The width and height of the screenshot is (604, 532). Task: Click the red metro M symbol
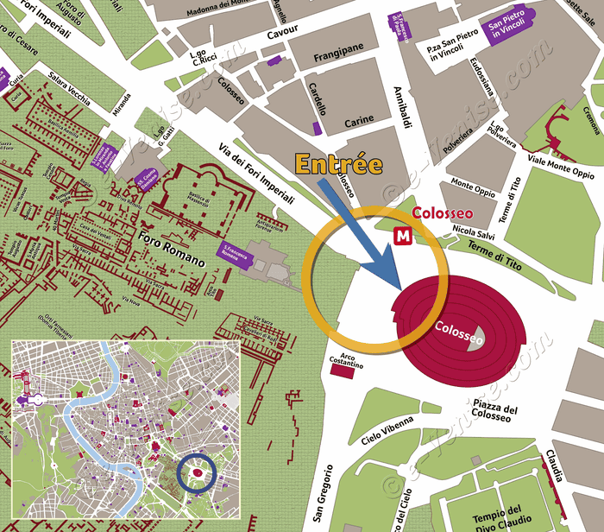(x=402, y=234)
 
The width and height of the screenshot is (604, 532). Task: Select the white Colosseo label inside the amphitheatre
(x=459, y=328)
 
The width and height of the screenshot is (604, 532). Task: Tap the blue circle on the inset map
(x=196, y=473)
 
